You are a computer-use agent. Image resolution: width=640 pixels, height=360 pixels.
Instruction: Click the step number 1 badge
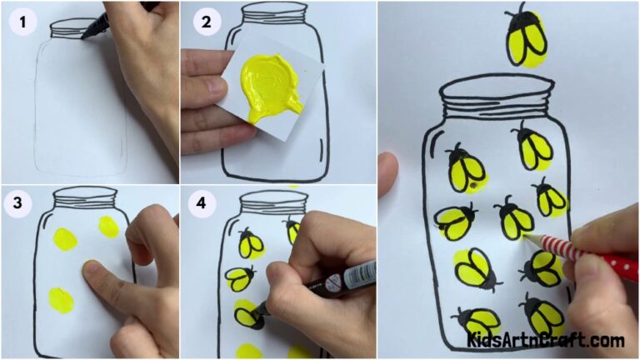tap(23, 23)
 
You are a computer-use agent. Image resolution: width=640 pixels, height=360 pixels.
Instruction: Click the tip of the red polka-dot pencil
tap(524, 237)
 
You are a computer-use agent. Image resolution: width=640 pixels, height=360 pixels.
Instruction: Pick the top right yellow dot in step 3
tap(109, 227)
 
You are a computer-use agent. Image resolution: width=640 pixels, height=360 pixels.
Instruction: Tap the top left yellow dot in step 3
tap(64, 241)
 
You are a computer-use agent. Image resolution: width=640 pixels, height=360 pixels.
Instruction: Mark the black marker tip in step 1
tap(86, 34)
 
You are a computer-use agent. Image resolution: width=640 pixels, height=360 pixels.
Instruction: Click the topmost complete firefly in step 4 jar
tap(251, 243)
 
